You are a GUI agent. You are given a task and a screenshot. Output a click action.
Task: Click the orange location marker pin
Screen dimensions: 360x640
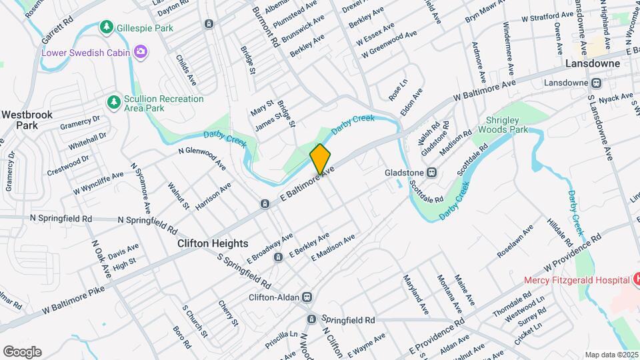[320, 159]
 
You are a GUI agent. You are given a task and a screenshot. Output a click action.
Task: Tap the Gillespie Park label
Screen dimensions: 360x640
[145, 28]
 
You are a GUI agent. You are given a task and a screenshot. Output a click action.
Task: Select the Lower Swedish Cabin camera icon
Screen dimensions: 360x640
[141, 51]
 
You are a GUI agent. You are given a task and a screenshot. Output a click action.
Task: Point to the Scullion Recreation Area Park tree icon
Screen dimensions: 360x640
[114, 103]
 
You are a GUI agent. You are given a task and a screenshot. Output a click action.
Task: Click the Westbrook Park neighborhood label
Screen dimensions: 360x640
[27, 120]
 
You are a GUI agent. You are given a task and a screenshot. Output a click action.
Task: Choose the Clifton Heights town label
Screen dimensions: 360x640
[213, 244]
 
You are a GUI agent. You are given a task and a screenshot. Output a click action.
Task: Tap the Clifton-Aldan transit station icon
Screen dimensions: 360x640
[307, 297]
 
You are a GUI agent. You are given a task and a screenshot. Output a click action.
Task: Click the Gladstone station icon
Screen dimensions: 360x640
[432, 173]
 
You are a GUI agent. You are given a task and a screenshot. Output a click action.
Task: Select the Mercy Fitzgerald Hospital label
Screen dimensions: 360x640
[577, 280]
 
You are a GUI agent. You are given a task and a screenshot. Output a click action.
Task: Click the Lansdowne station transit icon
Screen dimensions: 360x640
[597, 83]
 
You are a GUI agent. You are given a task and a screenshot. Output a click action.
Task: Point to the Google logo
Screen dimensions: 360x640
[22, 352]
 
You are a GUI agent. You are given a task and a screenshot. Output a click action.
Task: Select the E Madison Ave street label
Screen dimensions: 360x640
[332, 247]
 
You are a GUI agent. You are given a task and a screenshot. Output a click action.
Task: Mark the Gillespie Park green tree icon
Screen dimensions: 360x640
[106, 27]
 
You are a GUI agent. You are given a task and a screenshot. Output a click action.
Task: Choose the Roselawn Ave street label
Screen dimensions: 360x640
[515, 242]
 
